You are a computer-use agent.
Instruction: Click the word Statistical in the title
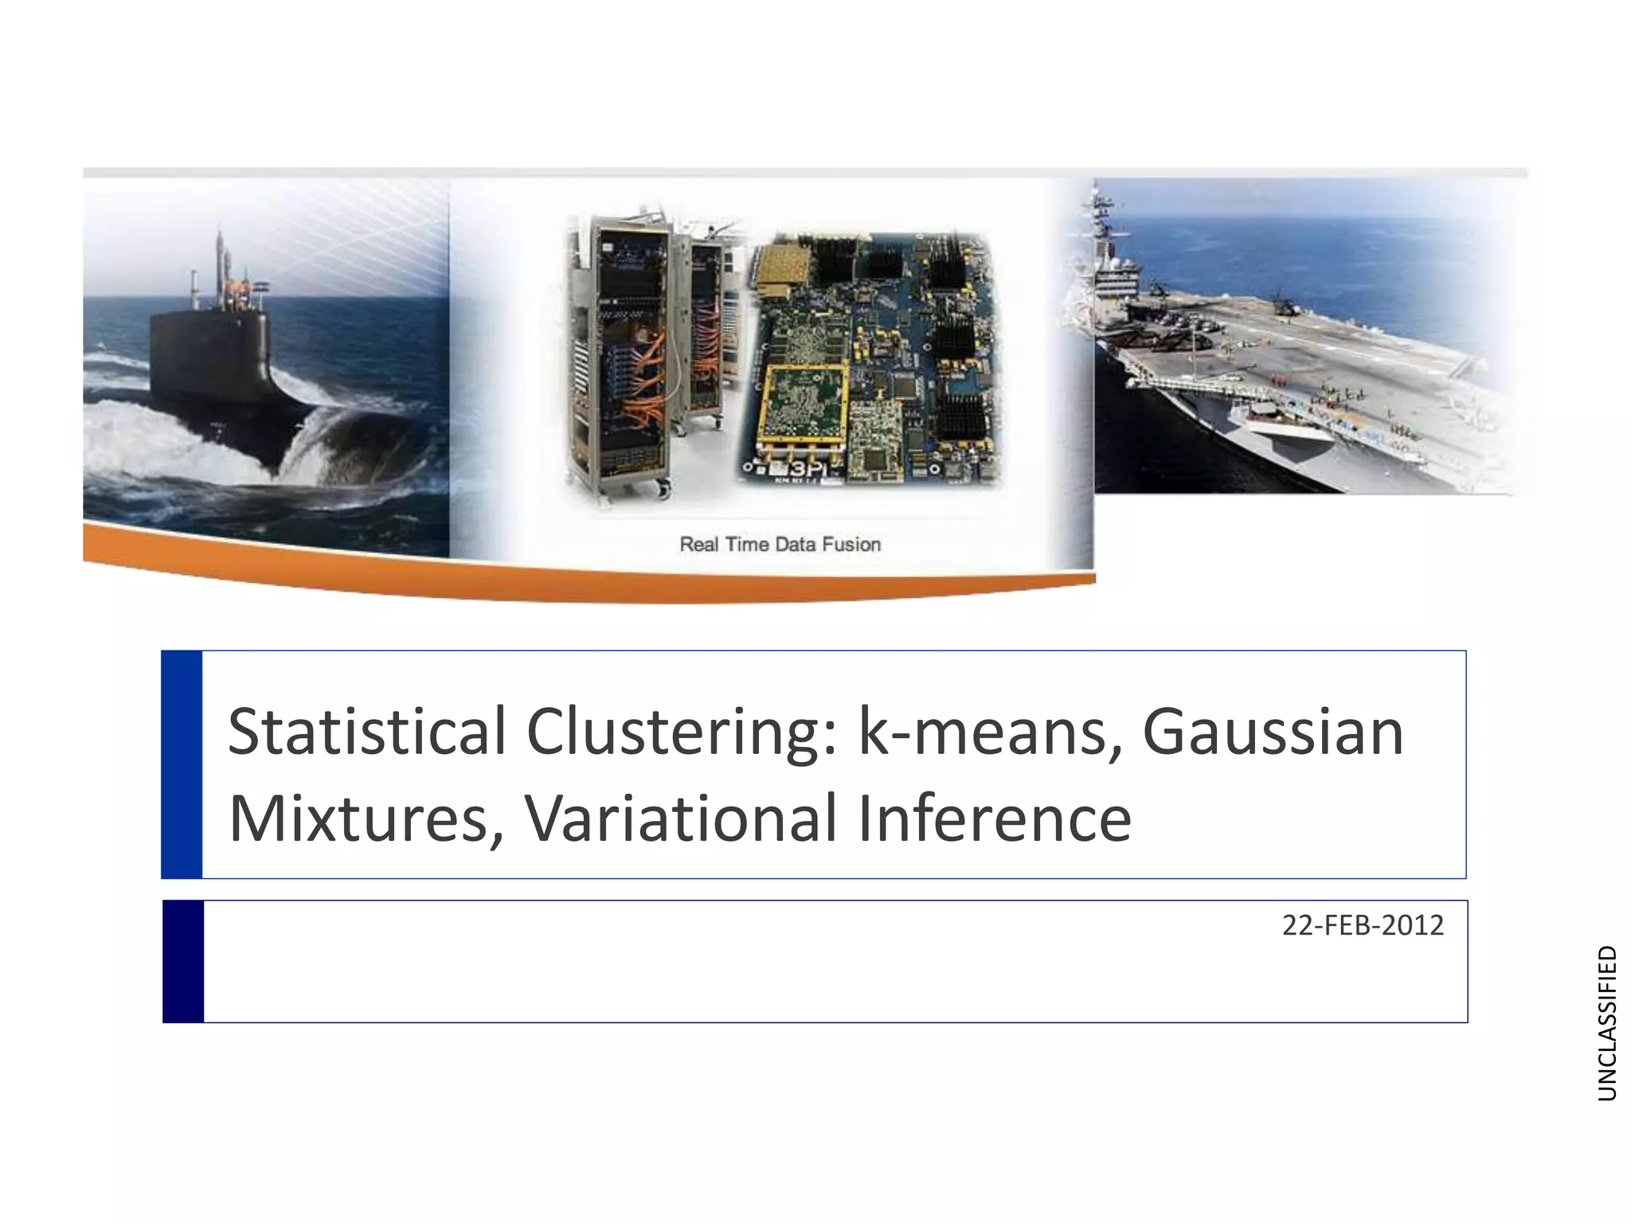click(367, 732)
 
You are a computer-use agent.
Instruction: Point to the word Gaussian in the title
click(1273, 732)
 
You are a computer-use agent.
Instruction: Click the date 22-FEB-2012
click(1363, 925)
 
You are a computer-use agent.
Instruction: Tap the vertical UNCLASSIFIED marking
click(1607, 1023)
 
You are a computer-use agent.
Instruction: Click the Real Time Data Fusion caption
click(780, 545)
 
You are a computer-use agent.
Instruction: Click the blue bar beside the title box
click(182, 764)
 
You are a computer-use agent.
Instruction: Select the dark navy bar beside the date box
click(183, 961)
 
